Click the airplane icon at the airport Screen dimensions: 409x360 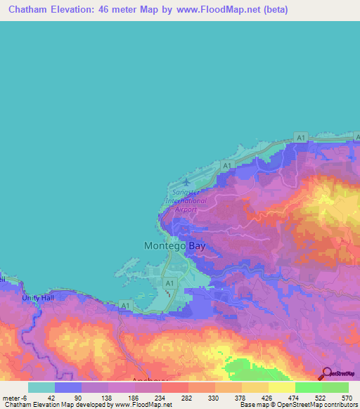click(186, 183)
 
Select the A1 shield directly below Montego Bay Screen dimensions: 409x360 click(169, 283)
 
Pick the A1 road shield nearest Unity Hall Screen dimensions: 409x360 click(124, 305)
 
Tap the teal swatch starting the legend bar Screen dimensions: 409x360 click(41, 388)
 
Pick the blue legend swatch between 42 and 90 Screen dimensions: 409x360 click(68, 388)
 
